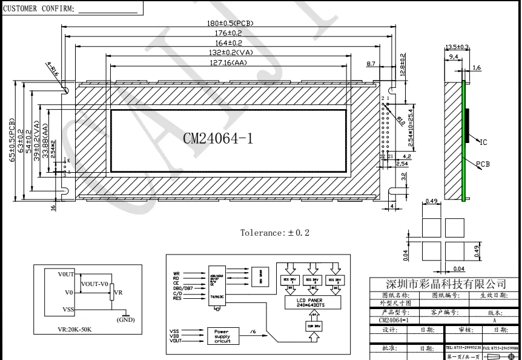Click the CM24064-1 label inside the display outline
pyautogui.click(x=217, y=138)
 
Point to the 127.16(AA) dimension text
pyautogui.click(x=229, y=62)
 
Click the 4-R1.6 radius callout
pyautogui.click(x=52, y=68)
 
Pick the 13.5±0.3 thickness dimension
pyautogui.click(x=457, y=47)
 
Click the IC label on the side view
pyautogui.click(x=483, y=143)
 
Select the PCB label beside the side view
pyautogui.click(x=483, y=164)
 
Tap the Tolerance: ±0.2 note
pyautogui.click(x=274, y=232)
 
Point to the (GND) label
pyautogui.click(x=125, y=319)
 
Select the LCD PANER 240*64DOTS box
pyautogui.click(x=311, y=302)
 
